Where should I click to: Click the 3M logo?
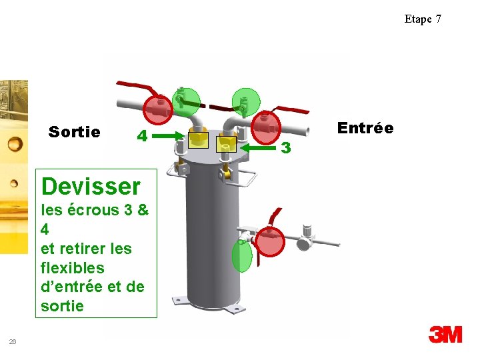(445, 334)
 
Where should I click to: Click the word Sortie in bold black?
(75, 132)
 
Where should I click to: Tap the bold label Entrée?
(365, 127)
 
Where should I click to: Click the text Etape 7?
(423, 19)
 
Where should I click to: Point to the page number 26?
(13, 341)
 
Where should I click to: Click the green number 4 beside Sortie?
(141, 136)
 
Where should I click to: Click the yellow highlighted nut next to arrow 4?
(198, 139)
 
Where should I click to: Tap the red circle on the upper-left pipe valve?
(159, 109)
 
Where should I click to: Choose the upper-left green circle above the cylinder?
(185, 100)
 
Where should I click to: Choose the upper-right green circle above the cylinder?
(245, 101)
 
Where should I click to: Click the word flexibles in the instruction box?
(73, 268)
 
